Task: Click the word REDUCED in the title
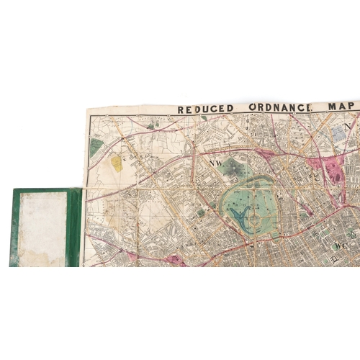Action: point(206,109)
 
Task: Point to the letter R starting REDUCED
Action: point(181,109)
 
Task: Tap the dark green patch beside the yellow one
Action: point(96,148)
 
